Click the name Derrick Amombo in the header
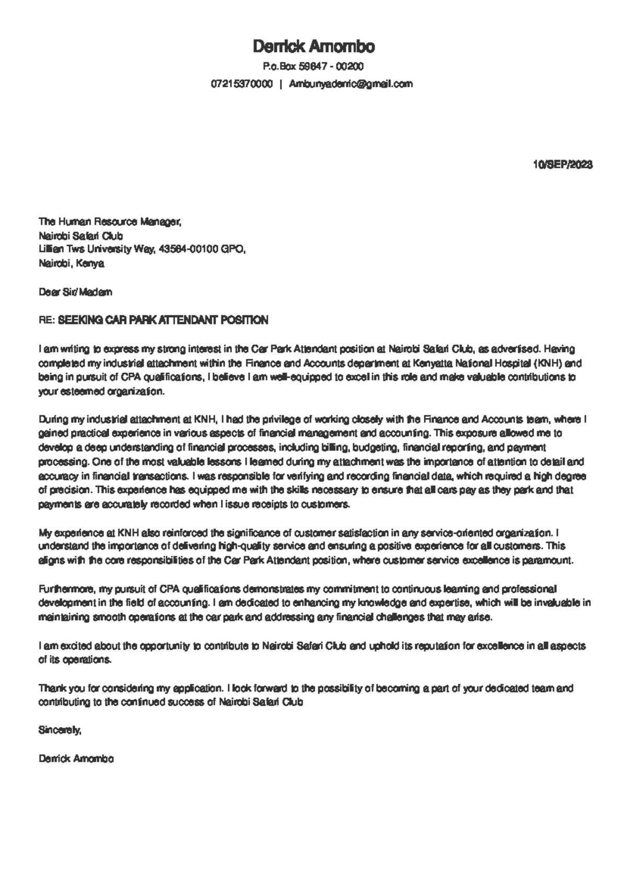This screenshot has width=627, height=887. (313, 47)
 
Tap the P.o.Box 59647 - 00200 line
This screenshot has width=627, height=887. (313, 67)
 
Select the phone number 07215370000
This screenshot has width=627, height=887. (242, 84)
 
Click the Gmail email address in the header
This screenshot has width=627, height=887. (351, 84)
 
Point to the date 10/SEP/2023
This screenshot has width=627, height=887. (563, 165)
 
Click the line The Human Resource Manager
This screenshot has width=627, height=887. (110, 222)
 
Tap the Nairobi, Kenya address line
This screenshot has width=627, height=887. (72, 263)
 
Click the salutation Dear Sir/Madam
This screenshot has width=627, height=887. (75, 292)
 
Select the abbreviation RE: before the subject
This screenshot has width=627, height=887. (46, 320)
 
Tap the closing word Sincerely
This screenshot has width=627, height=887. (60, 730)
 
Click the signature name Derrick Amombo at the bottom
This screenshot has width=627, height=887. (76, 758)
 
